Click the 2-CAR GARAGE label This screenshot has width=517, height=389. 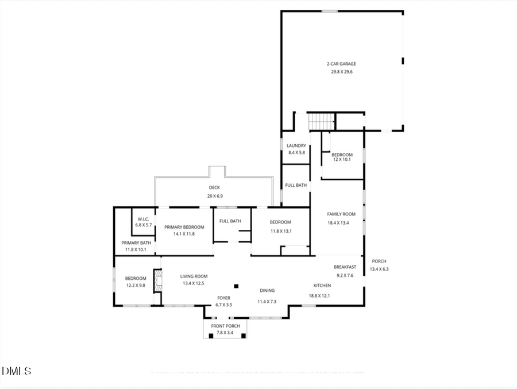[x=342, y=64]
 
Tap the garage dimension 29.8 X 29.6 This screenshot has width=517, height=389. [x=342, y=72]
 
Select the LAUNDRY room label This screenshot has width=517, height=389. [x=296, y=146]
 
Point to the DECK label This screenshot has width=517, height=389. [x=214, y=188]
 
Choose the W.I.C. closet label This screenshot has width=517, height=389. [x=144, y=218]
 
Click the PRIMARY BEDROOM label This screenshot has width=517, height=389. [x=184, y=227]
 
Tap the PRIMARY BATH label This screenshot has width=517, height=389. [x=137, y=242]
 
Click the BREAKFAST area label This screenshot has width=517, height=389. [x=345, y=267]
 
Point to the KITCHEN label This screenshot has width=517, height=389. [x=322, y=286]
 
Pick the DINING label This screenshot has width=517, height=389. [x=267, y=291]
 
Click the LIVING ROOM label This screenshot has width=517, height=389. [x=194, y=276]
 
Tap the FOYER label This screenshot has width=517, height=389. [x=224, y=298]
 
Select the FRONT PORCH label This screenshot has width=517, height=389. [x=225, y=326]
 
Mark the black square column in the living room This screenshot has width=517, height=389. [x=236, y=286]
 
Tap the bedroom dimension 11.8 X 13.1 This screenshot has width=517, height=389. [x=281, y=231]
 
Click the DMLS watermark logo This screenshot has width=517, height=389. [x=17, y=371]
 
